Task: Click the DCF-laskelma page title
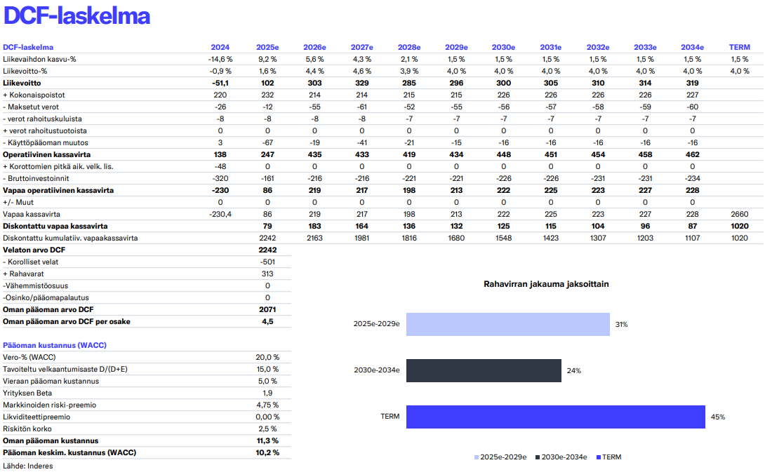pyautogui.click(x=76, y=16)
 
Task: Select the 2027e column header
pyautogui.click(x=362, y=47)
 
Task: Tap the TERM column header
pyautogui.click(x=739, y=47)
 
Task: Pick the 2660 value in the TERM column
pyautogui.click(x=740, y=214)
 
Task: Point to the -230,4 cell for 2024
pyautogui.click(x=220, y=214)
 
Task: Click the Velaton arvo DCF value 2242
pyautogui.click(x=267, y=250)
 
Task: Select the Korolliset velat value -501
pyautogui.click(x=267, y=262)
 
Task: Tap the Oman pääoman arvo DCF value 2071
pyautogui.click(x=267, y=309)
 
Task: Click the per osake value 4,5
pyautogui.click(x=267, y=321)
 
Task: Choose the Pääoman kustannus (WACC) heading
pyautogui.click(x=54, y=345)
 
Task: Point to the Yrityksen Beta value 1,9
pyautogui.click(x=267, y=393)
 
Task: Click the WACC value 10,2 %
pyautogui.click(x=267, y=452)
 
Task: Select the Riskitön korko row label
pyautogui.click(x=27, y=429)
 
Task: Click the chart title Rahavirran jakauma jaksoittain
pyautogui.click(x=546, y=284)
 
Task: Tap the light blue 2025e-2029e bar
pyautogui.click(x=507, y=324)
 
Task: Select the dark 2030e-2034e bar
pyautogui.click(x=484, y=370)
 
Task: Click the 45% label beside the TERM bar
pyautogui.click(x=717, y=417)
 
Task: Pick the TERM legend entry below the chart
pyautogui.click(x=608, y=457)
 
